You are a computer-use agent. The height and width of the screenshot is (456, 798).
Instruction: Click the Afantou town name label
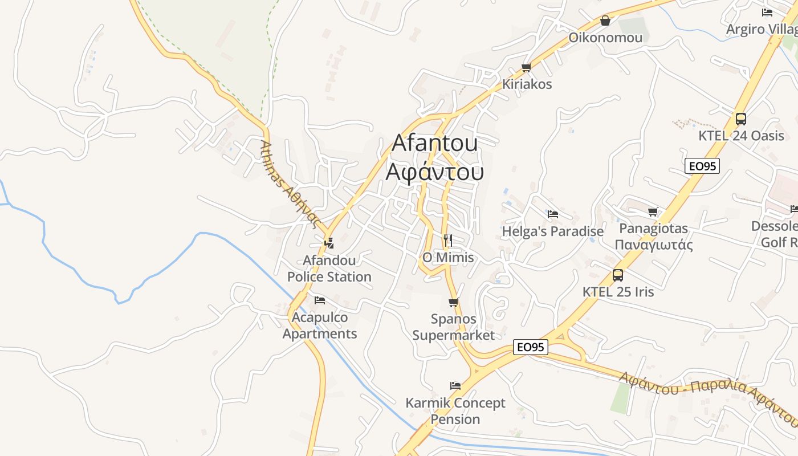[x=434, y=143]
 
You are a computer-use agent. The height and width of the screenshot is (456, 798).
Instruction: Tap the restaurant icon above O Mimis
[x=448, y=241]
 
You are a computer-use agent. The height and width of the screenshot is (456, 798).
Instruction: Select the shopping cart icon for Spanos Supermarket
[x=454, y=302]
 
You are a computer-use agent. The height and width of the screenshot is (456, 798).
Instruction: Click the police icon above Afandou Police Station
[x=329, y=243]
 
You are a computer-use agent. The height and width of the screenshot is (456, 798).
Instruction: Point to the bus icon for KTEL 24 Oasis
[x=740, y=119]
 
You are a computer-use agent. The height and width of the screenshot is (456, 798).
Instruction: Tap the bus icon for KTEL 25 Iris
[x=618, y=275]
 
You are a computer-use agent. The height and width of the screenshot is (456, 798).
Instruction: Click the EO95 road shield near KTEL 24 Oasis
[x=702, y=166]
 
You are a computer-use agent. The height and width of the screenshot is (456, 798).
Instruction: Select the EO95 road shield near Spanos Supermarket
[x=530, y=347]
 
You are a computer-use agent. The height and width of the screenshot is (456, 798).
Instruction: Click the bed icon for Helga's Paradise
[x=552, y=214]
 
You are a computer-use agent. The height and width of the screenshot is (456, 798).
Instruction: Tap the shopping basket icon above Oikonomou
[x=605, y=21]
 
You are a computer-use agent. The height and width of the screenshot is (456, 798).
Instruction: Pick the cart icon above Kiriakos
[x=526, y=67]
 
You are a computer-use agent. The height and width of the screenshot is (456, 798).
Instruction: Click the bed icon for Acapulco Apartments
[x=320, y=300]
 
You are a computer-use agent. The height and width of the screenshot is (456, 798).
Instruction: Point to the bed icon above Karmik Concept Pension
[x=455, y=386]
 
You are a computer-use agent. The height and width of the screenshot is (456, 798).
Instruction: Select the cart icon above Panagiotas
[x=653, y=212]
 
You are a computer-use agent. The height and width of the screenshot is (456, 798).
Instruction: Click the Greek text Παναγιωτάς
[x=653, y=245]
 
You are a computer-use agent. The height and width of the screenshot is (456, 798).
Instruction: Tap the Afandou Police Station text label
[x=329, y=268]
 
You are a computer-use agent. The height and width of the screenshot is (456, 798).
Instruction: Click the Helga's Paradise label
[x=552, y=231]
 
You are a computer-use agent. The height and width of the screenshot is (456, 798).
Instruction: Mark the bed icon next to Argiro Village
[x=767, y=13]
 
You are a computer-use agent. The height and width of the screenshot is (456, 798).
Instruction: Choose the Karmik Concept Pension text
[x=455, y=411]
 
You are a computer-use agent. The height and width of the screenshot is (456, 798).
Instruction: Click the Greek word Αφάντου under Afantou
[x=434, y=172]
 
